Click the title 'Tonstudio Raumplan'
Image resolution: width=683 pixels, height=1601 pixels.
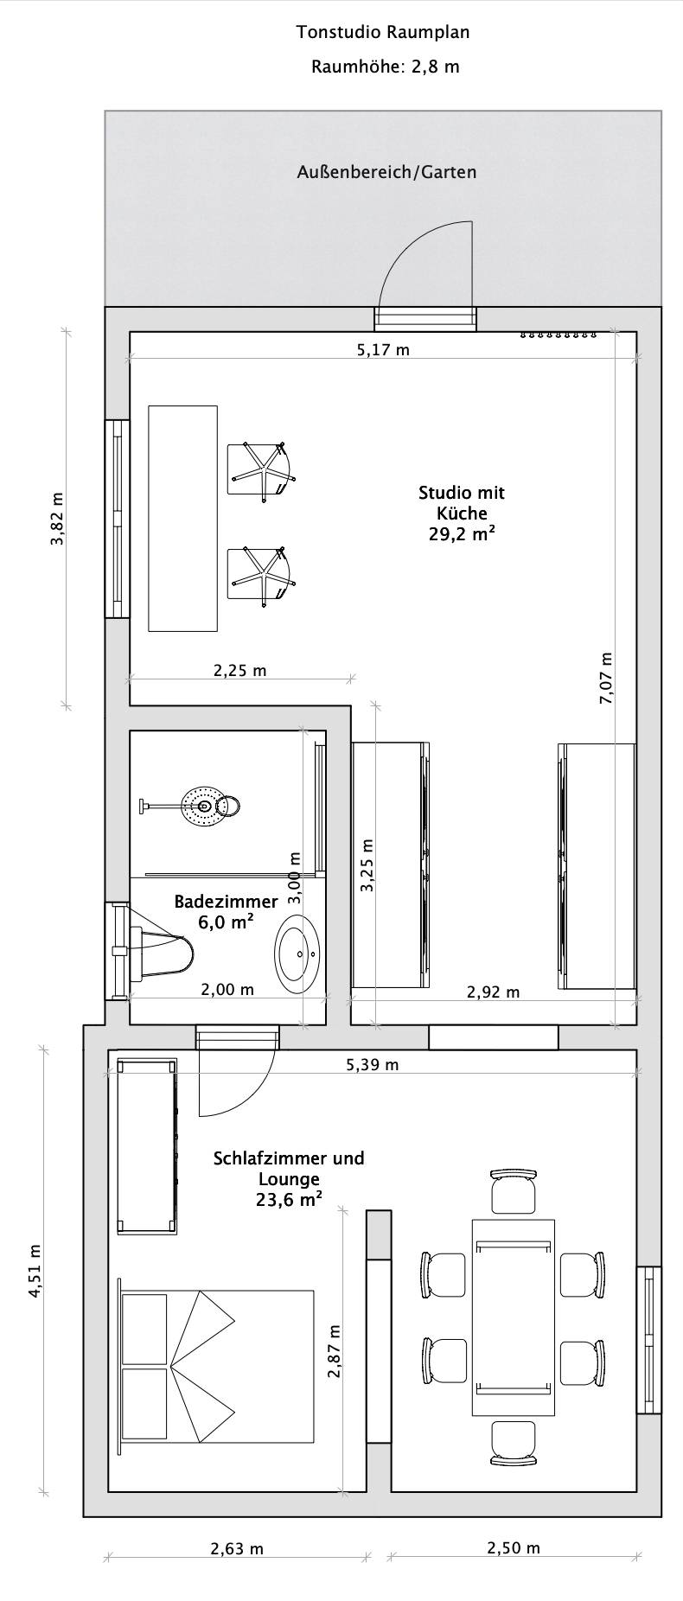pos(383,33)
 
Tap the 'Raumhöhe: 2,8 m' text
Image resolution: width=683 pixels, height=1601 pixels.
pos(385,67)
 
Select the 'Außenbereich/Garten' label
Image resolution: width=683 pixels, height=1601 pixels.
pos(386,172)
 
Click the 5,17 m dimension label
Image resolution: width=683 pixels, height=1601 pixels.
pos(383,350)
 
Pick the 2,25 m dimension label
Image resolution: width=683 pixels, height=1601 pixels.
pos(239,670)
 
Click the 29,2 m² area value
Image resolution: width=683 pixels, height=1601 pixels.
pos(462,533)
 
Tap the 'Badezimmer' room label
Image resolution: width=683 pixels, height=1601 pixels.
pos(227,902)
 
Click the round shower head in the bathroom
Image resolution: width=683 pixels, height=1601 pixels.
pos(204,806)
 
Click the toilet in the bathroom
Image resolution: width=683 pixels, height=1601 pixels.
pos(156,954)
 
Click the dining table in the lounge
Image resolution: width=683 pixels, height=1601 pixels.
pos(513,1317)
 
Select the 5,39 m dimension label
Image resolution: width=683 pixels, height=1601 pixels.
pos(372,1064)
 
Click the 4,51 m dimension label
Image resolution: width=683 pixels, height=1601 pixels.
pos(35,1271)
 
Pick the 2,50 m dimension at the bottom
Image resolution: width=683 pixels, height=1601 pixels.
pos(513,1547)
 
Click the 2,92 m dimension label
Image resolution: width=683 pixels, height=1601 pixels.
pos(493,992)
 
